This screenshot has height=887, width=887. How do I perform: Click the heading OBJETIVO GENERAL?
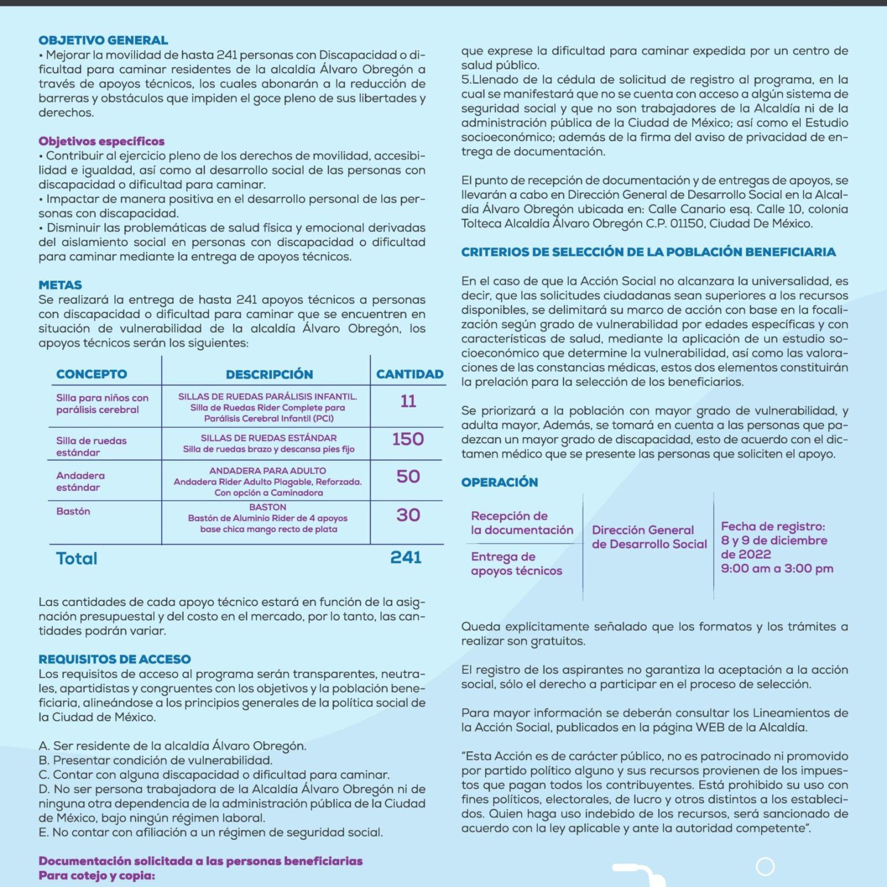click(103, 40)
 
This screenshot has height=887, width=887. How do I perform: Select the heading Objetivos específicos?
click(102, 141)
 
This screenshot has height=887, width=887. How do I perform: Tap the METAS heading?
click(60, 285)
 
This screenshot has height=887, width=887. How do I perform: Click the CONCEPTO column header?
click(91, 374)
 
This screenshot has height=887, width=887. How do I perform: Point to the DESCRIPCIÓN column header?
click(269, 374)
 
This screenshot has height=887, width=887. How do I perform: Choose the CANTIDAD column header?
click(409, 374)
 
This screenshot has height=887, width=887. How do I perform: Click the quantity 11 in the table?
click(408, 401)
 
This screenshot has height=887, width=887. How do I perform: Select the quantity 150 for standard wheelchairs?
click(408, 439)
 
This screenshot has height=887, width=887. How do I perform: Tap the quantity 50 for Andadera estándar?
click(408, 477)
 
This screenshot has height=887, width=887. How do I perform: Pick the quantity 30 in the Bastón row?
click(408, 515)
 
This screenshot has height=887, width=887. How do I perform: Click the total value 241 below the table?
click(405, 557)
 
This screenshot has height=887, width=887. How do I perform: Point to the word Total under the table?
click(76, 558)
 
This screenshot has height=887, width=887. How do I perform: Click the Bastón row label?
click(73, 512)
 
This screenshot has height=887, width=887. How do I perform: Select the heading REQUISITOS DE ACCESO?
click(114, 659)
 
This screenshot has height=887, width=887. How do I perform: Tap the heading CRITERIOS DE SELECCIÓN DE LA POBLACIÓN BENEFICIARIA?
click(648, 252)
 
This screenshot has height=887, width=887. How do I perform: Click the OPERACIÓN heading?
click(500, 483)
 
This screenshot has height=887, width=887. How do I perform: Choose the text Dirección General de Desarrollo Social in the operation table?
click(649, 537)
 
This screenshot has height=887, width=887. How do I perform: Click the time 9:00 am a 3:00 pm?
click(777, 569)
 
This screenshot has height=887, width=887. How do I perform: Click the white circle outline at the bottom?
click(765, 866)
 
